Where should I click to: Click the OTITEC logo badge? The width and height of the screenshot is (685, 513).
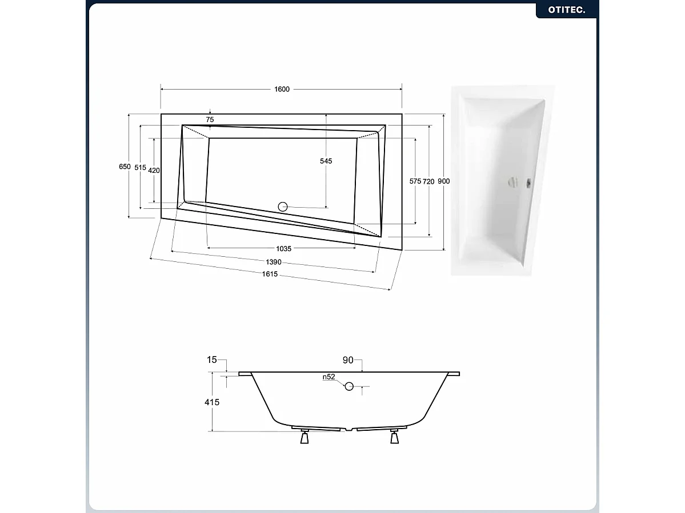566,10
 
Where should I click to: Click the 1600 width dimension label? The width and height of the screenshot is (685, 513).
282,89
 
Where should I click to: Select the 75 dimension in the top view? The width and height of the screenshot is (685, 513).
210,119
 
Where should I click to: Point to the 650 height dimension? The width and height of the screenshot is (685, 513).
125,167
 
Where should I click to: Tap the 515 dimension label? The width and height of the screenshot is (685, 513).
140,167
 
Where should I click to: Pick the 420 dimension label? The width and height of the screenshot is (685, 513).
154,170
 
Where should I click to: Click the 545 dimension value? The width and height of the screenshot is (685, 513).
326,161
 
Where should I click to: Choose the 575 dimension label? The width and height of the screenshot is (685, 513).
415,181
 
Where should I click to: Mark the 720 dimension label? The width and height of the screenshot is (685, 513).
428,181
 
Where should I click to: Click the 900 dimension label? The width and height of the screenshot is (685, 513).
444,181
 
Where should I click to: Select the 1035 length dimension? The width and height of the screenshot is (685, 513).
284,248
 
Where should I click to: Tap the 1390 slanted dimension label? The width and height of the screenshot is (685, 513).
274,262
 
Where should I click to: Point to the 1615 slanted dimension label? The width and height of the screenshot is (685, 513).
270,274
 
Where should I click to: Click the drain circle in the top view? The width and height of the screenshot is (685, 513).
283,207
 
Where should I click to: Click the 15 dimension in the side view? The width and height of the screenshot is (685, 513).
212,359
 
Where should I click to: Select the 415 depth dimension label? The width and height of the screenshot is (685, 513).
212,402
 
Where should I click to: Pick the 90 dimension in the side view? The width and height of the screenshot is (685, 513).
348,360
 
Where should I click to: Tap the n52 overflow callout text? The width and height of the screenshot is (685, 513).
329,377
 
